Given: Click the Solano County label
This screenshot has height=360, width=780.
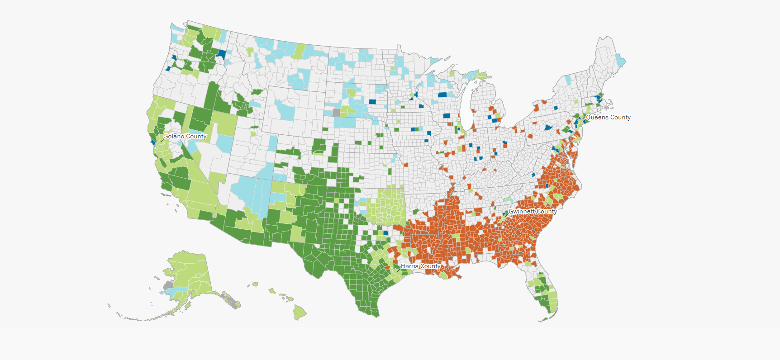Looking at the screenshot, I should coord(185,136).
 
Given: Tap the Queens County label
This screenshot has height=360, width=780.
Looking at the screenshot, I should coord(608,117).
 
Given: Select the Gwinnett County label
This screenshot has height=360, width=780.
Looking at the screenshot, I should coord(533,211).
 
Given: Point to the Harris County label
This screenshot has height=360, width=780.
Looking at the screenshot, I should coord(420,266).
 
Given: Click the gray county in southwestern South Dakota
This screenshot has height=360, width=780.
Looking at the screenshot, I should coord(336,112).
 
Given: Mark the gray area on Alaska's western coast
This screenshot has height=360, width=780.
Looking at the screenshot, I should coord(168,285).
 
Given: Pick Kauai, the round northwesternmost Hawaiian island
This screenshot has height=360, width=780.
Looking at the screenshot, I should coord(255,284).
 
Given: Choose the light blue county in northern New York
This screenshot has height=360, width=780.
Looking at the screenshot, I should coord(568,79).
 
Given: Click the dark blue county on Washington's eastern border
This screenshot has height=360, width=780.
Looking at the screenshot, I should coord(221,54).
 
